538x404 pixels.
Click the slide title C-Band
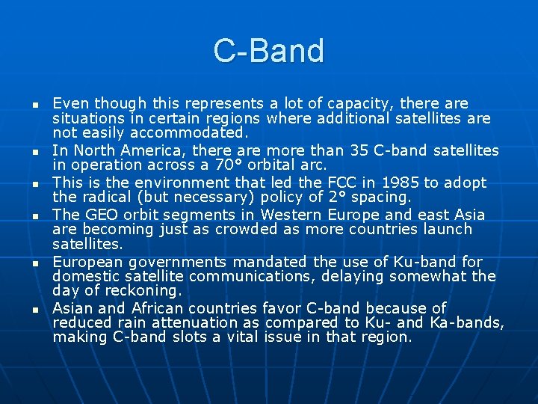[x=269, y=51]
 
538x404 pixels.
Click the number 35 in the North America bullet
[x=359, y=150]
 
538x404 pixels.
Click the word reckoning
[x=140, y=291]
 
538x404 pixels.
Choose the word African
[x=157, y=308]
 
